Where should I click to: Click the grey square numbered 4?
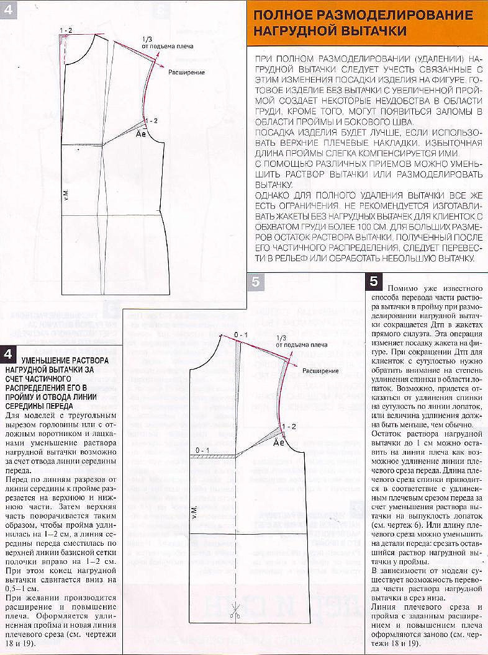pos(9,11)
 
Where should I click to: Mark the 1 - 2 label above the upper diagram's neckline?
pos(66,30)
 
